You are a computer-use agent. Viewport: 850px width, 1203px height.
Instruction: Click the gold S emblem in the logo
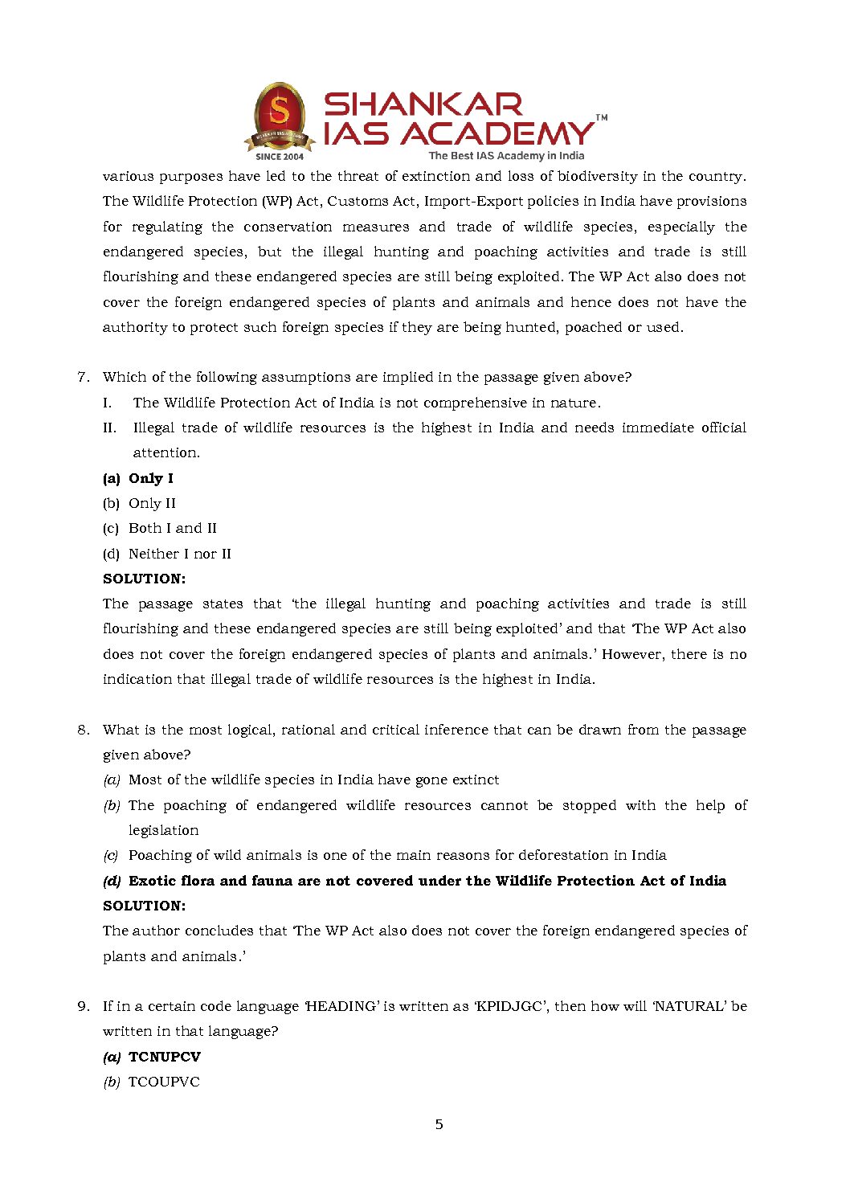(279, 111)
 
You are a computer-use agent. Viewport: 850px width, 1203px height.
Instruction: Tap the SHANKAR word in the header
(423, 104)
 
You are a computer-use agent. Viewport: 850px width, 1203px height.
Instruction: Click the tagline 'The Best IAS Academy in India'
(506, 156)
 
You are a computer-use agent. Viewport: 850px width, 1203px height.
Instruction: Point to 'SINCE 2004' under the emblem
(280, 157)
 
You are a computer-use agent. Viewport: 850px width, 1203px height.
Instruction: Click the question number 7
(82, 377)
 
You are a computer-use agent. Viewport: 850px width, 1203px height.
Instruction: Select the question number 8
(83, 730)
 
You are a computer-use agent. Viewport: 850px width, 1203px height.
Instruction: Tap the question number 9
(83, 1006)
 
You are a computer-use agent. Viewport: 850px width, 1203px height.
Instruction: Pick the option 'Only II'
(152, 503)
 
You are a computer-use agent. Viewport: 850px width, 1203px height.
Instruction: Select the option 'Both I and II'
(172, 528)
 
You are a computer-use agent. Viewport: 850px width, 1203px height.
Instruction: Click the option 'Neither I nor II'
(179, 554)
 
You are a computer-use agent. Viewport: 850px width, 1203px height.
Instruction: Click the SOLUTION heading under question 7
(144, 579)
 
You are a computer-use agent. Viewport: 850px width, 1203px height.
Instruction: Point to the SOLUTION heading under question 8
(144, 906)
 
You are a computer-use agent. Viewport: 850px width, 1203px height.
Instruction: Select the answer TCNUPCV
(165, 1057)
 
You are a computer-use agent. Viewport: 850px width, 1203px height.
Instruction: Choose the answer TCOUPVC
(164, 1082)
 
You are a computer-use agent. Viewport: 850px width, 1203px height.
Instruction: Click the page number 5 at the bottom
(439, 1124)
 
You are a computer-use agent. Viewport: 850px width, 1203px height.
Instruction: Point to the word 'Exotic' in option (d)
(154, 881)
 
